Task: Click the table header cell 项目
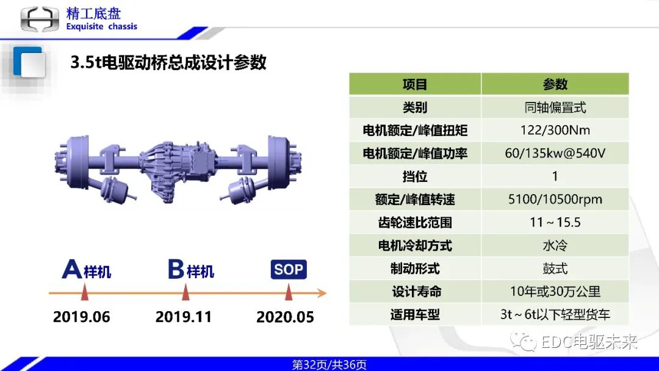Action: pyautogui.click(x=415, y=84)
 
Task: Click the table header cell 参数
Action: pyautogui.click(x=555, y=84)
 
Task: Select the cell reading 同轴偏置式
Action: pyautogui.click(x=555, y=107)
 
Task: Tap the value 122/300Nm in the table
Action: pyautogui.click(x=555, y=130)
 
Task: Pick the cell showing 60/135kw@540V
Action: pyautogui.click(x=555, y=153)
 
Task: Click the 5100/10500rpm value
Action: pyautogui.click(x=555, y=200)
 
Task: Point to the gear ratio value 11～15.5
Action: pyautogui.click(x=555, y=222)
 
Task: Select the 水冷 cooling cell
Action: pyautogui.click(x=555, y=245)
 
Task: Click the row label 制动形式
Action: pyautogui.click(x=415, y=268)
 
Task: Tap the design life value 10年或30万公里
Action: pyautogui.click(x=555, y=292)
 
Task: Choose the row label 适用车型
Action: pyautogui.click(x=415, y=315)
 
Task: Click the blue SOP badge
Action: pyautogui.click(x=289, y=269)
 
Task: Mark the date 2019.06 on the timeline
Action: pyautogui.click(x=82, y=317)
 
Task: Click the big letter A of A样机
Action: pyautogui.click(x=72, y=269)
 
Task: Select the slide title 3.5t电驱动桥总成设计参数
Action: pyautogui.click(x=168, y=62)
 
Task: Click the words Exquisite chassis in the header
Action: pyautogui.click(x=101, y=27)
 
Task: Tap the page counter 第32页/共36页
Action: pyautogui.click(x=329, y=365)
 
